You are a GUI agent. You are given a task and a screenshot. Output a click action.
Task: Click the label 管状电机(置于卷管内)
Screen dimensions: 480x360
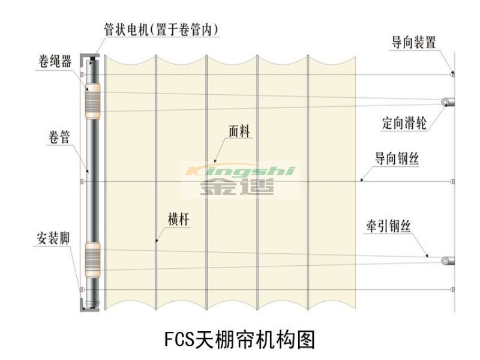(x=161, y=29)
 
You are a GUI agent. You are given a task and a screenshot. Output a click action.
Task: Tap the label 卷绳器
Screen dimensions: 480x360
(x=55, y=62)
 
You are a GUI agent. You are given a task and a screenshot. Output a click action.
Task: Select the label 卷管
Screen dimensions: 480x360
(x=59, y=137)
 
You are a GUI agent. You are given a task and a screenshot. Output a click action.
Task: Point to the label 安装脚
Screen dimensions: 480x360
(x=53, y=238)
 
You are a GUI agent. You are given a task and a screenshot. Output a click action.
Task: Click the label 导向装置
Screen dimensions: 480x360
(x=413, y=43)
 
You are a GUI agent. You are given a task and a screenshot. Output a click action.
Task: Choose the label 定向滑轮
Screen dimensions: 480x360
(x=404, y=123)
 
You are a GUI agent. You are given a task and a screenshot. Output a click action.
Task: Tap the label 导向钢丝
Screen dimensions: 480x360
(x=397, y=158)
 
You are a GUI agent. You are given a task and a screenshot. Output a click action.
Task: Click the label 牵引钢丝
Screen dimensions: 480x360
(x=388, y=226)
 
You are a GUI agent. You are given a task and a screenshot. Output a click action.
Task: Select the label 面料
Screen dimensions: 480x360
(x=239, y=131)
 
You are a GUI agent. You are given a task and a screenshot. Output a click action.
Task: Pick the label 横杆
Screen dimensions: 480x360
(x=179, y=219)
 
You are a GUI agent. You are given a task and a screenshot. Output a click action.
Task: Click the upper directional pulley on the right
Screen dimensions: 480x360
(x=448, y=102)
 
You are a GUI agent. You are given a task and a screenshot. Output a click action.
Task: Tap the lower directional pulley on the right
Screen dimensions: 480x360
(x=448, y=261)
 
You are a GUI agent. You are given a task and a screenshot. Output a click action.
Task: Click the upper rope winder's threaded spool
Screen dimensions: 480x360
(x=92, y=102)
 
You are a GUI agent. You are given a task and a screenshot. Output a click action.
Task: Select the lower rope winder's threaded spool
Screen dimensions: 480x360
(x=92, y=260)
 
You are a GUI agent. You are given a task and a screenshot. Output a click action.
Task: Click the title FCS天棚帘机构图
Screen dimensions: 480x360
(x=239, y=340)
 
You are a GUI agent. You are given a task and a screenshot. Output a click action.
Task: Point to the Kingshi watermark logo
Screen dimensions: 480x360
(x=241, y=179)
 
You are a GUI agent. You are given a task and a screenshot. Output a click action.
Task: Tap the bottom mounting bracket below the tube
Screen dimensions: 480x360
(x=89, y=306)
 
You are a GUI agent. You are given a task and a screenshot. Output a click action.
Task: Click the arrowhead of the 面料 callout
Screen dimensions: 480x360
(x=215, y=161)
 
